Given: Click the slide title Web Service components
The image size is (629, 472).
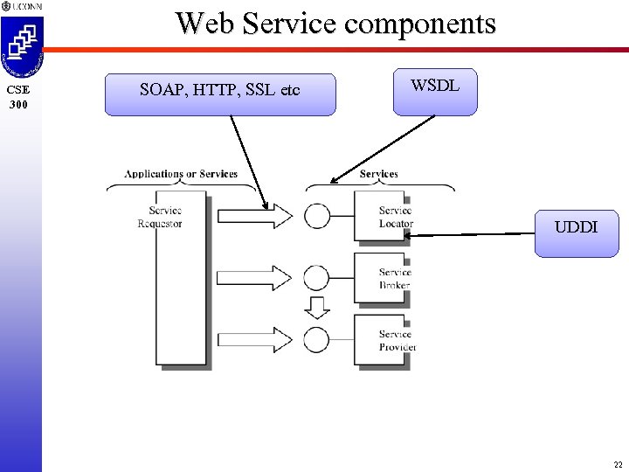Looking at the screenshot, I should pyautogui.click(x=335, y=23).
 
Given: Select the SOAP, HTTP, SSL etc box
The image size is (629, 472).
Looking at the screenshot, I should pyautogui.click(x=219, y=94).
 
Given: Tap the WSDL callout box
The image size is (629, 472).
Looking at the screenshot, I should pyautogui.click(x=435, y=91).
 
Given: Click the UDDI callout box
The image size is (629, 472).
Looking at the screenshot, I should pyautogui.click(x=576, y=232).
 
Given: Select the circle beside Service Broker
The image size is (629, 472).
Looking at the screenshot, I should pyautogui.click(x=317, y=278).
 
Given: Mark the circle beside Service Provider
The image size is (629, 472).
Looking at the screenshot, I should pyautogui.click(x=317, y=338).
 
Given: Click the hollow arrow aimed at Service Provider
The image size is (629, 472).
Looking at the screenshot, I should pyautogui.click(x=254, y=338).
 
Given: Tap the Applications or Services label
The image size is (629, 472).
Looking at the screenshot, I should pyautogui.click(x=181, y=174).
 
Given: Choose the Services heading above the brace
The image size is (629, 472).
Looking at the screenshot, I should pyautogui.click(x=378, y=174).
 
